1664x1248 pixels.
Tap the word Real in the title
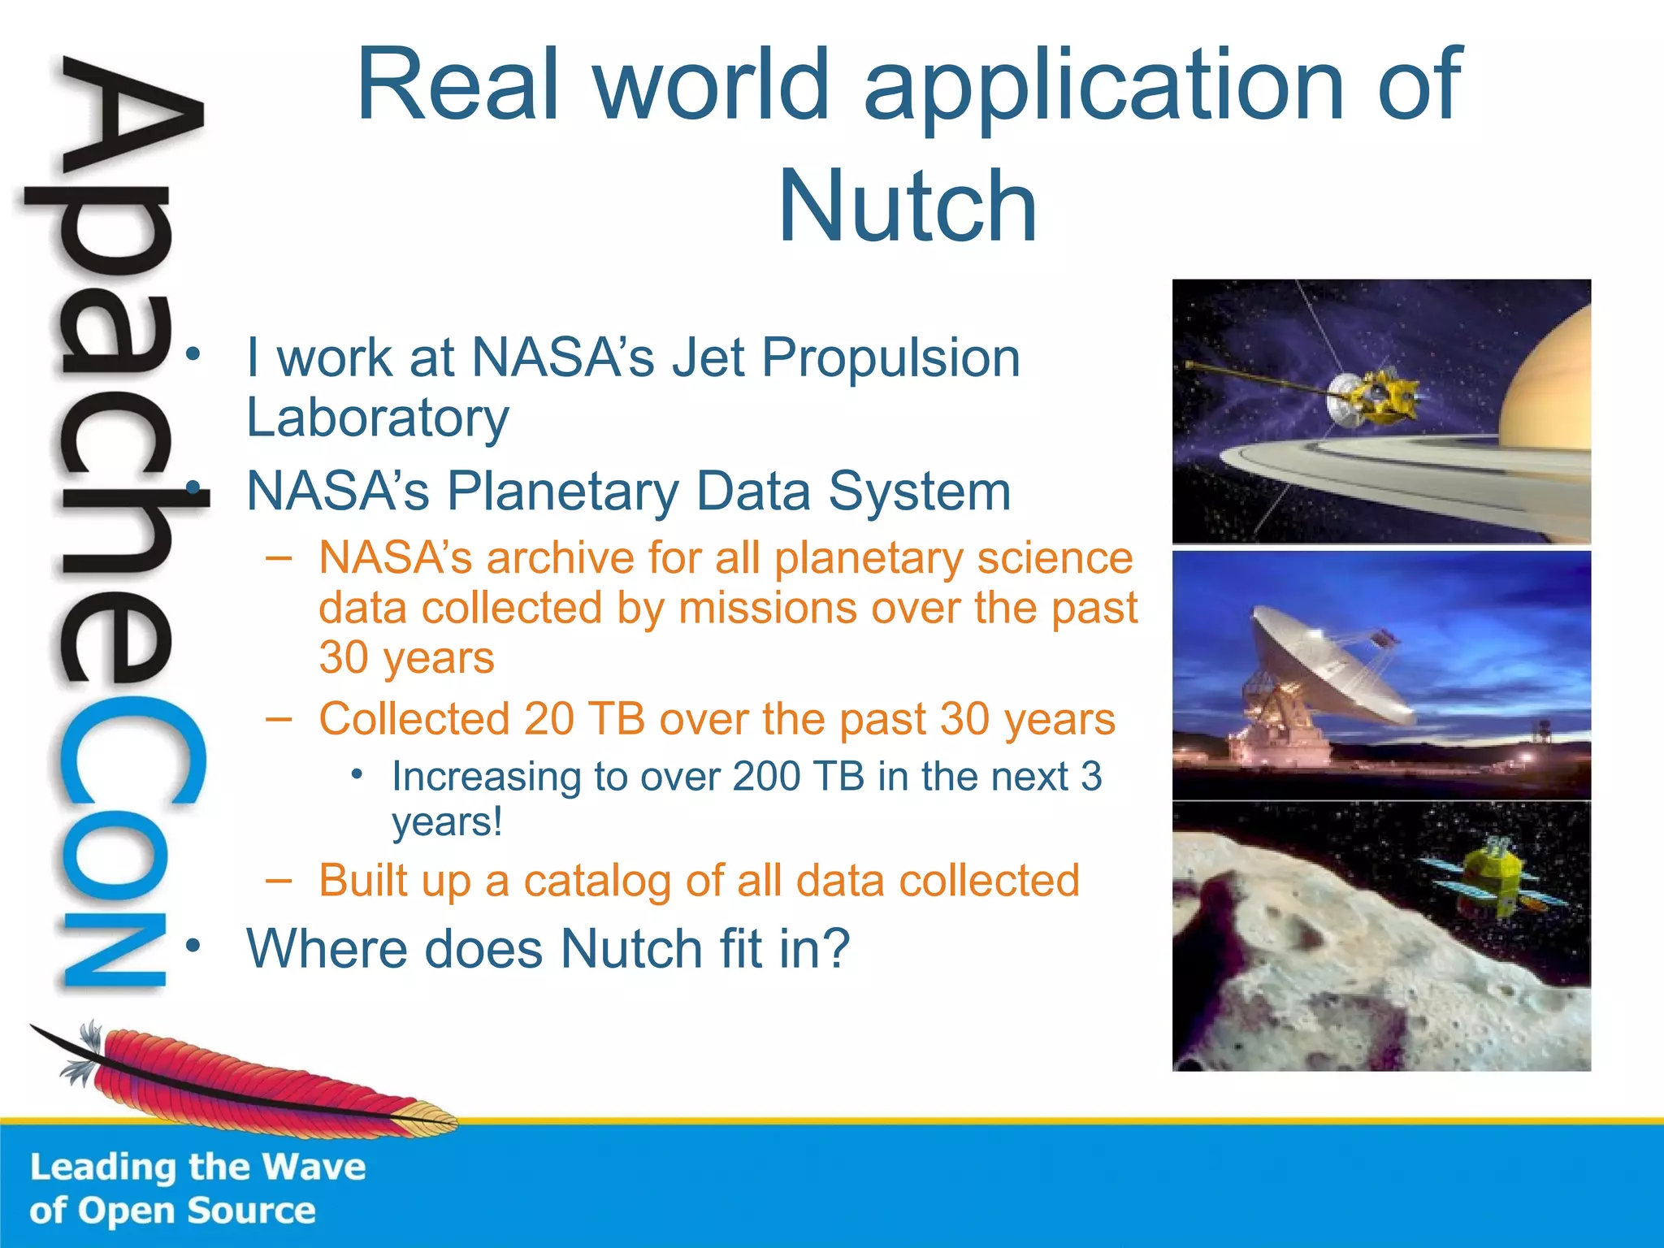[458, 84]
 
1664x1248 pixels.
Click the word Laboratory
[378, 418]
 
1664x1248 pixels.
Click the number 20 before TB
[548, 719]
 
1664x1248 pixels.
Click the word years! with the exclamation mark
[448, 822]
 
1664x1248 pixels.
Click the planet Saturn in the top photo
[1548, 390]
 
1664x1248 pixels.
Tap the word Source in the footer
[252, 1211]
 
